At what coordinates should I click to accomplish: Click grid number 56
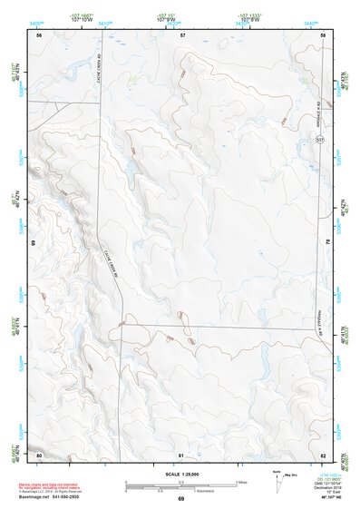coord(39,34)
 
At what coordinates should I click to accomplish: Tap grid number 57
coord(182,34)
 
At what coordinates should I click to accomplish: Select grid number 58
coord(324,34)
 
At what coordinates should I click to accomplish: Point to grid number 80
coord(39,454)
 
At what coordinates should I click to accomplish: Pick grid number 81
coord(181,454)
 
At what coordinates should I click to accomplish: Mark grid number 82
coord(324,454)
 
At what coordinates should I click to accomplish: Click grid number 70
coord(326,243)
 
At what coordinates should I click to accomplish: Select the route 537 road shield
coord(320,141)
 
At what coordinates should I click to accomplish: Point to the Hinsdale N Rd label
coord(320,116)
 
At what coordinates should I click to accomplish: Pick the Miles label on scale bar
coord(242,482)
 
